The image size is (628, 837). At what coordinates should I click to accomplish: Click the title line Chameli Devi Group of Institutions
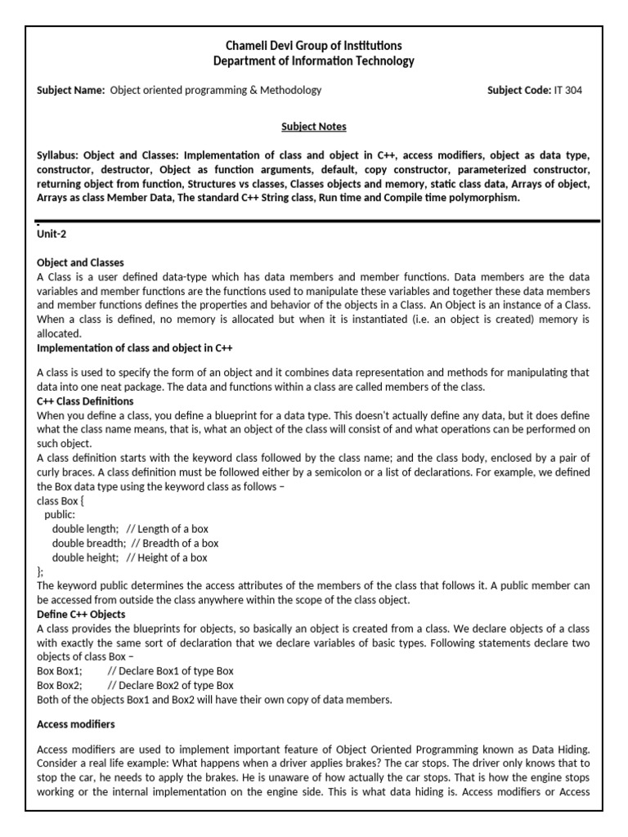click(313, 46)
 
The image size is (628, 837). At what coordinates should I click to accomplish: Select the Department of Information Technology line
click(313, 61)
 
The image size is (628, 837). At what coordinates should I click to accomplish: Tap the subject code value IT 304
click(568, 91)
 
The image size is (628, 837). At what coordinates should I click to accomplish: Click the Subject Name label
click(71, 91)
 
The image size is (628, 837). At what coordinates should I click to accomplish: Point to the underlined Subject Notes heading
click(313, 127)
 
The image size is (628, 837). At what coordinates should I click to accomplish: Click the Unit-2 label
click(52, 235)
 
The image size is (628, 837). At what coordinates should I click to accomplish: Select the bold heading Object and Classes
click(80, 263)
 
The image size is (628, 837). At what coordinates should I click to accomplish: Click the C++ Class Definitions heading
click(85, 402)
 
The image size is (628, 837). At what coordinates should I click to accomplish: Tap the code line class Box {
click(61, 499)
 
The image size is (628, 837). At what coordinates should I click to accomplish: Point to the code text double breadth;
click(88, 544)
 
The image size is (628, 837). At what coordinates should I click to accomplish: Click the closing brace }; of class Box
click(41, 572)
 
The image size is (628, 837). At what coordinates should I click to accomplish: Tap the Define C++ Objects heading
click(81, 615)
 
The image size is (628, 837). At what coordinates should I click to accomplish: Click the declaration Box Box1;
click(59, 671)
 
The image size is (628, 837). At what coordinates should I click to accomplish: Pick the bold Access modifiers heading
click(76, 724)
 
